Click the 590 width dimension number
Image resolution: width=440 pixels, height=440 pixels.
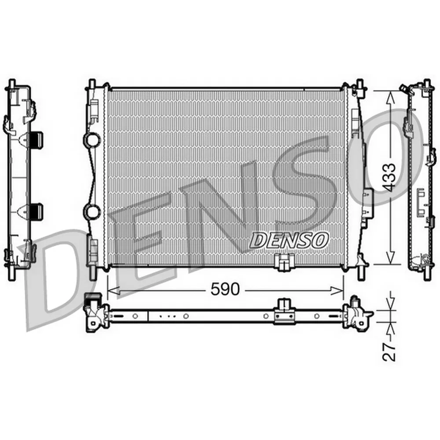pos(225,290)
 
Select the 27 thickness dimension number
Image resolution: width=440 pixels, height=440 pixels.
pos(389,352)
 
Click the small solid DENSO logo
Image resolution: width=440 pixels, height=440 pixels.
pos(289,240)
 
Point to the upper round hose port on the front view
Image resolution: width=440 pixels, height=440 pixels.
pos(93,139)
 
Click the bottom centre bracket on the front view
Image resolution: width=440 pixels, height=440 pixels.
pos(284,262)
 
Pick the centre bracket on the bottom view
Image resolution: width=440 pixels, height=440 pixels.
pos(284,312)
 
